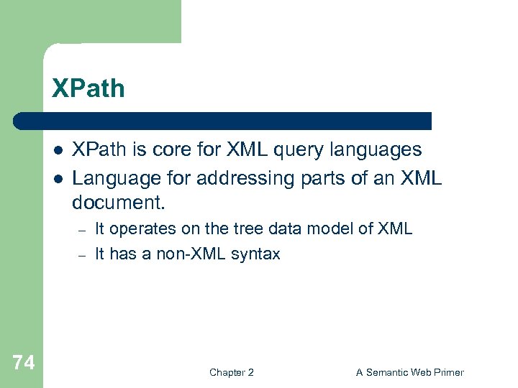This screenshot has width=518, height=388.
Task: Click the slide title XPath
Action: (x=88, y=88)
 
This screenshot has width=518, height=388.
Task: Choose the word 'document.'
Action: (x=119, y=203)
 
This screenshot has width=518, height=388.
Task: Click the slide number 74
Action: (x=23, y=363)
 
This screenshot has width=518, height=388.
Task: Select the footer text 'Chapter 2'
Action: (x=231, y=372)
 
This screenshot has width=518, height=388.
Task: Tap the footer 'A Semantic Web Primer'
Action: (x=410, y=372)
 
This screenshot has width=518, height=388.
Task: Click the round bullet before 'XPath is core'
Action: (x=56, y=150)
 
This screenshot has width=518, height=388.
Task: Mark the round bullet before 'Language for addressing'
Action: (x=56, y=177)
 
